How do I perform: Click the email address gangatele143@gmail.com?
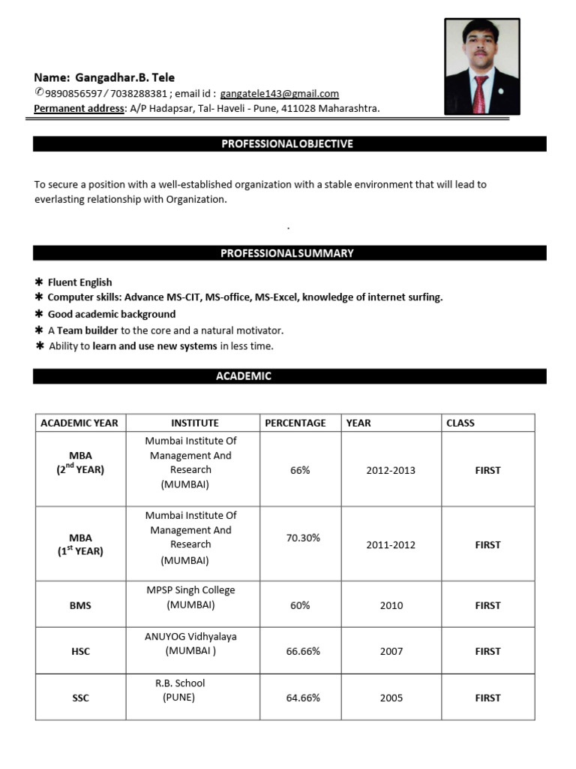point(280,94)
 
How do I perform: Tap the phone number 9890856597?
point(73,94)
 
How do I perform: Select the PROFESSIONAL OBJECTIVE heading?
point(287,143)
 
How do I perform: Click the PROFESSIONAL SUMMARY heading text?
point(286,253)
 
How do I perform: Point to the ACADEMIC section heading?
point(244,376)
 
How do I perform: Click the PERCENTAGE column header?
point(295,423)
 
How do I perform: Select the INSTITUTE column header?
point(194,423)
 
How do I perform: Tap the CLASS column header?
point(460,423)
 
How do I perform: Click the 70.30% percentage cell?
point(303,538)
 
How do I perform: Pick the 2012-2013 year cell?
point(391,470)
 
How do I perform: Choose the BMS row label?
point(80,605)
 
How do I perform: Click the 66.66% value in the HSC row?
point(303,651)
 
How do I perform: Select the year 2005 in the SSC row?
point(391,698)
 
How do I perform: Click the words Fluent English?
point(79,282)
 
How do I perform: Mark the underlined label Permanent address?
point(79,109)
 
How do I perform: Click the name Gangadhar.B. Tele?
point(124,77)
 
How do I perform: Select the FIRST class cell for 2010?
point(487,605)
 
